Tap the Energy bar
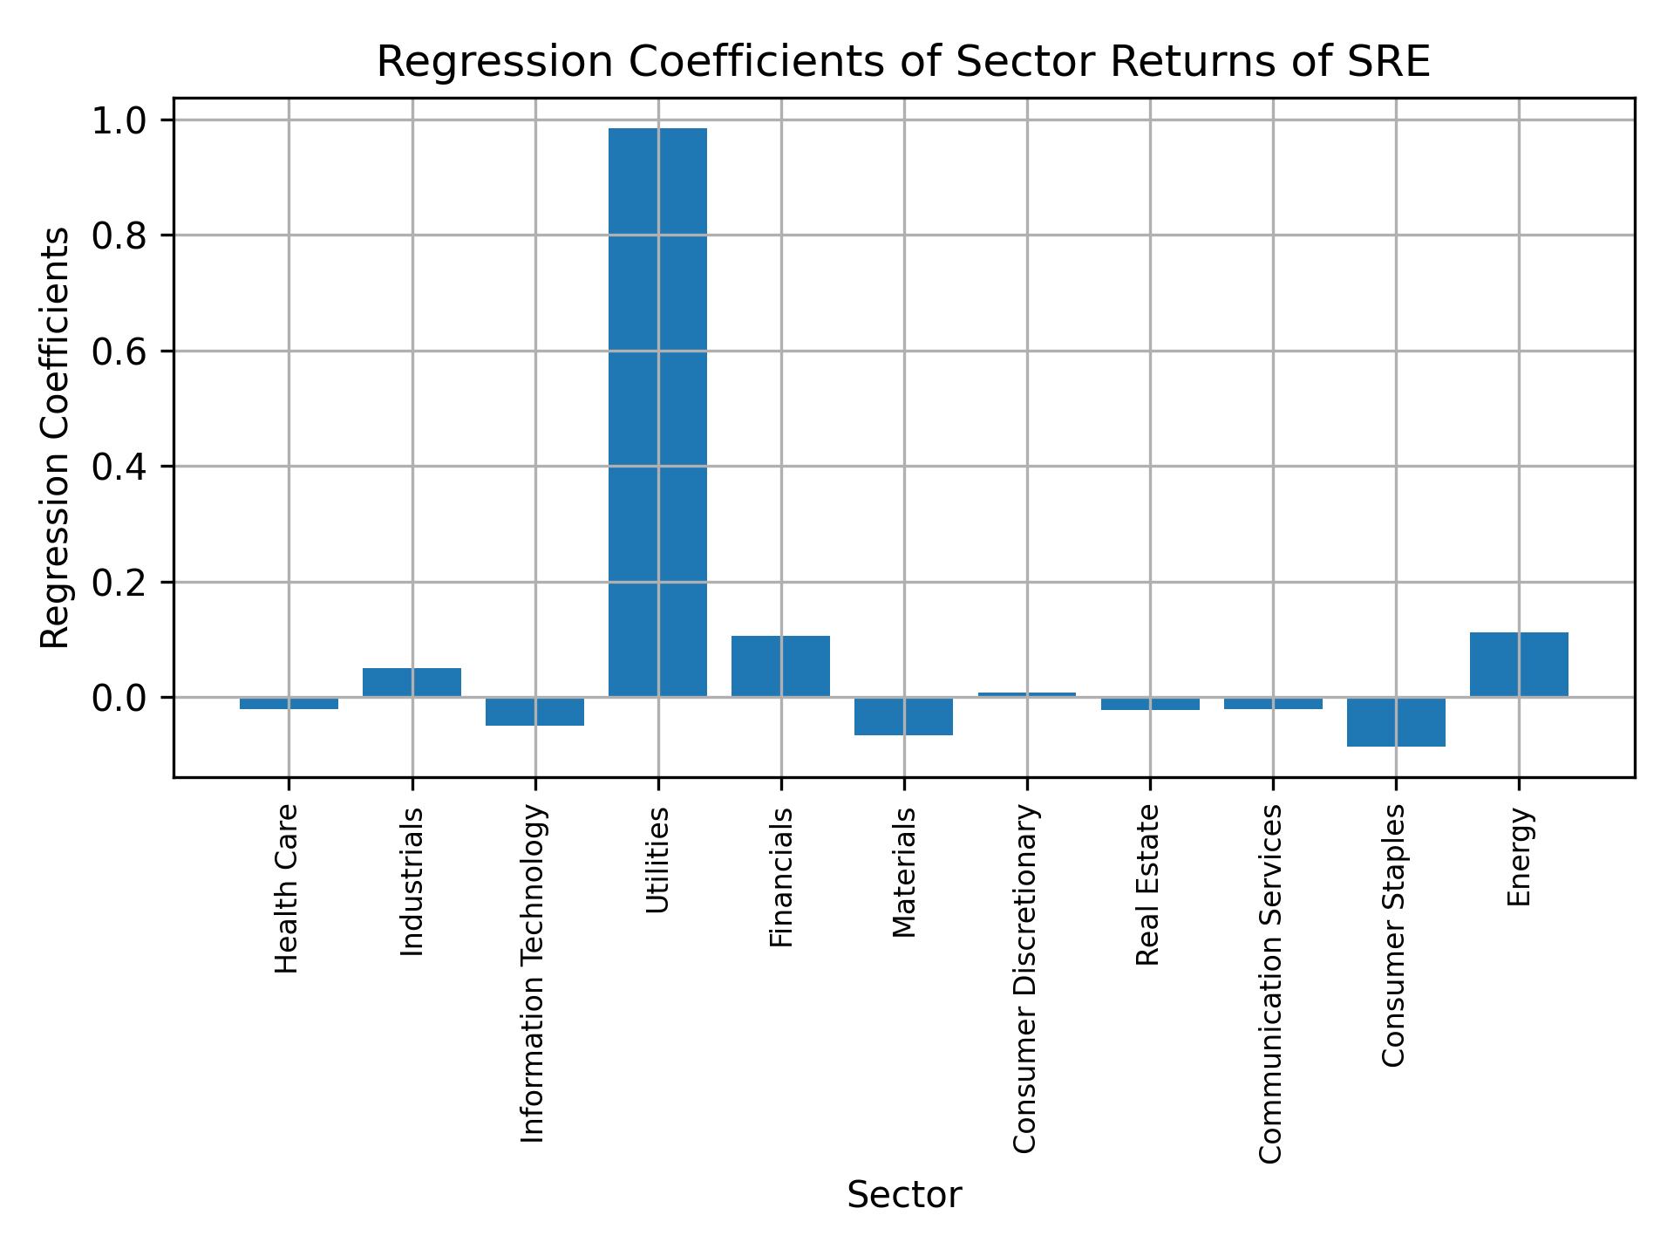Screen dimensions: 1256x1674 (x=1519, y=664)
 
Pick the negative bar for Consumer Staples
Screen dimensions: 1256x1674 (x=1396, y=721)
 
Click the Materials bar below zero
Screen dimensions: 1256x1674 (x=903, y=716)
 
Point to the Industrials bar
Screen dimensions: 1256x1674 (x=412, y=682)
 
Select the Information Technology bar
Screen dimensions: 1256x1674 (x=534, y=711)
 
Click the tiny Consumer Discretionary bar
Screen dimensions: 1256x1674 (x=1026, y=694)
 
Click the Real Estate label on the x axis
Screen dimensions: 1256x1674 (x=1148, y=884)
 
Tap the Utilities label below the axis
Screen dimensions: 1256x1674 (x=657, y=860)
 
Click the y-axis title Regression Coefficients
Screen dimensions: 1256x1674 (x=56, y=438)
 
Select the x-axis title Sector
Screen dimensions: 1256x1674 (x=903, y=1195)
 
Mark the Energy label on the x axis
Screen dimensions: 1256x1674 (x=1519, y=857)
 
